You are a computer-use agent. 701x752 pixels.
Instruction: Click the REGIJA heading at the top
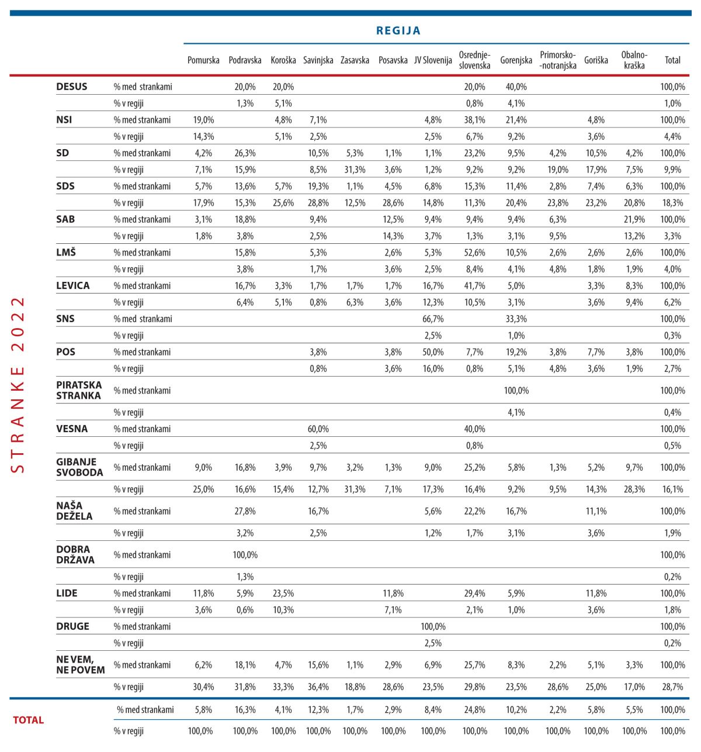(398, 30)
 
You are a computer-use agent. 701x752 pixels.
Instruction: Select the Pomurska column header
(203, 60)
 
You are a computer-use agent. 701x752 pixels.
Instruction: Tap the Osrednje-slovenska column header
(474, 60)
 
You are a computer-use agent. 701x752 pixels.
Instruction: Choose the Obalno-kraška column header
(634, 60)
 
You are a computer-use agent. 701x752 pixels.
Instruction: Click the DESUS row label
(72, 87)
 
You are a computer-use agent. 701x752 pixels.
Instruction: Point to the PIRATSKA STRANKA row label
(79, 390)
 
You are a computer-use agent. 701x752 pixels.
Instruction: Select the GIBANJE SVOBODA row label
(79, 467)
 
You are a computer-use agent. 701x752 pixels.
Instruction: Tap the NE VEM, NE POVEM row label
(81, 665)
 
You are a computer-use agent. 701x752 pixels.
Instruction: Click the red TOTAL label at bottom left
(29, 720)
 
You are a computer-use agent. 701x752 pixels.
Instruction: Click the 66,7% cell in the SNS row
(433, 319)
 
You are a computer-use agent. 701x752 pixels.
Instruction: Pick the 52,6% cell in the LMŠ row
(474, 253)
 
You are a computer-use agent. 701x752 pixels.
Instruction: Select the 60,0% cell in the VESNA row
(318, 429)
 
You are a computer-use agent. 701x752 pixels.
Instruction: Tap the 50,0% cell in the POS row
(433, 352)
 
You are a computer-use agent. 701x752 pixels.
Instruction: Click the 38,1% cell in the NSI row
(474, 120)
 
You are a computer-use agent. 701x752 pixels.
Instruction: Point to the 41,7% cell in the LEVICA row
(474, 286)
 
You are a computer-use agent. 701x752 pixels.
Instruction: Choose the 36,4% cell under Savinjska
(318, 687)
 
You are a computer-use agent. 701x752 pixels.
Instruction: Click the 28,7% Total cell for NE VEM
(673, 687)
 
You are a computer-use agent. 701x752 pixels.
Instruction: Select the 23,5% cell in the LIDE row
(283, 593)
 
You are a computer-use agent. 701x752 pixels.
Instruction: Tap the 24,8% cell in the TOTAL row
(474, 710)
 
